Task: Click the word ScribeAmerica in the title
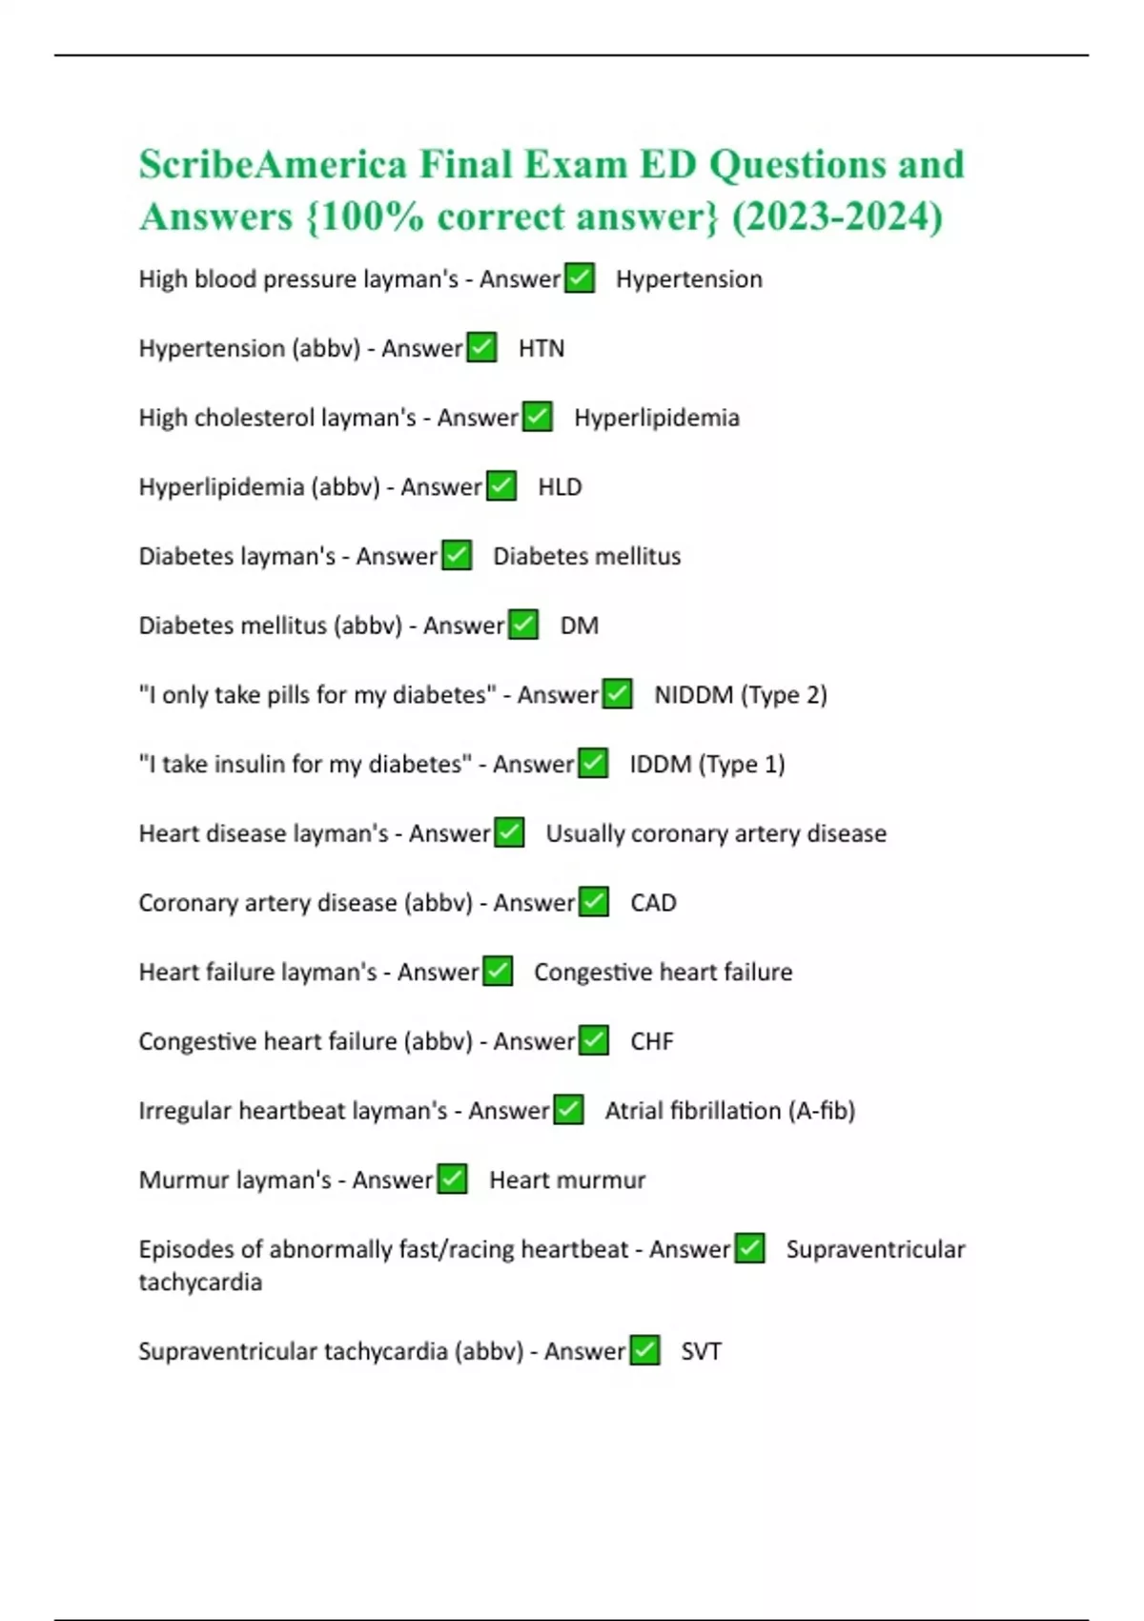pyautogui.click(x=273, y=165)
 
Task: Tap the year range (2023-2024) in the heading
pyautogui.click(x=837, y=216)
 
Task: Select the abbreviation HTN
pyautogui.click(x=541, y=349)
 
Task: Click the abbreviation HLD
pyautogui.click(x=560, y=487)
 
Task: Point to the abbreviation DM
pyautogui.click(x=579, y=626)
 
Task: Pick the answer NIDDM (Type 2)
pyautogui.click(x=740, y=695)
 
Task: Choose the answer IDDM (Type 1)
pyautogui.click(x=706, y=765)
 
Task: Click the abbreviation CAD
pyautogui.click(x=653, y=903)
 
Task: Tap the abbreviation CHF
pyautogui.click(x=651, y=1041)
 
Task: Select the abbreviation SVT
pyautogui.click(x=701, y=1352)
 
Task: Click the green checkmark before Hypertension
pyautogui.click(x=580, y=278)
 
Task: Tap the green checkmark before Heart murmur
pyautogui.click(x=452, y=1180)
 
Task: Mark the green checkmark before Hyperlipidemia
pyautogui.click(x=538, y=417)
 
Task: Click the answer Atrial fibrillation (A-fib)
pyautogui.click(x=729, y=1111)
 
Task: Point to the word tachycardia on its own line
pyautogui.click(x=200, y=1282)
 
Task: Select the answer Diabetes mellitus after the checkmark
pyautogui.click(x=586, y=557)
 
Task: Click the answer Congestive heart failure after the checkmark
pyautogui.click(x=663, y=973)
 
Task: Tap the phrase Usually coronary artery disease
pyautogui.click(x=715, y=834)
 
